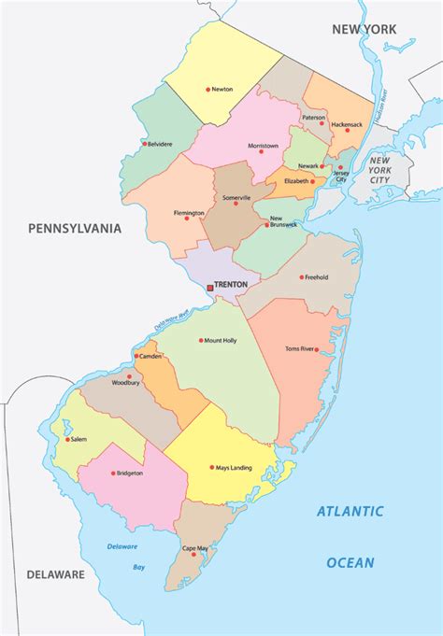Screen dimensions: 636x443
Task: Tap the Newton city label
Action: pyautogui.click(x=221, y=90)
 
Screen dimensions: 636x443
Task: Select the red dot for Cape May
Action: pyautogui.click(x=194, y=555)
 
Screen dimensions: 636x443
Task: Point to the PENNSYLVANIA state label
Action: pyautogui.click(x=75, y=227)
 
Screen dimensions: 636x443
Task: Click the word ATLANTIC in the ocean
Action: pyautogui.click(x=350, y=511)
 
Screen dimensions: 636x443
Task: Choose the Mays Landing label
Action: pyautogui.click(x=236, y=467)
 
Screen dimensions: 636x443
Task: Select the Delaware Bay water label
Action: pyautogui.click(x=123, y=557)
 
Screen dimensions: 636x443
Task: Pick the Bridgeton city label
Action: pyautogui.click(x=130, y=473)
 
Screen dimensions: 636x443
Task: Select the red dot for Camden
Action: pyautogui.click(x=136, y=356)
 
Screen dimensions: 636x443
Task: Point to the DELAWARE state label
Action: pyautogui.click(x=55, y=574)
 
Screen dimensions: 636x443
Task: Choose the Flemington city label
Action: pyautogui.click(x=188, y=213)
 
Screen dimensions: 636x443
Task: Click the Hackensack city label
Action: pyautogui.click(x=346, y=123)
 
